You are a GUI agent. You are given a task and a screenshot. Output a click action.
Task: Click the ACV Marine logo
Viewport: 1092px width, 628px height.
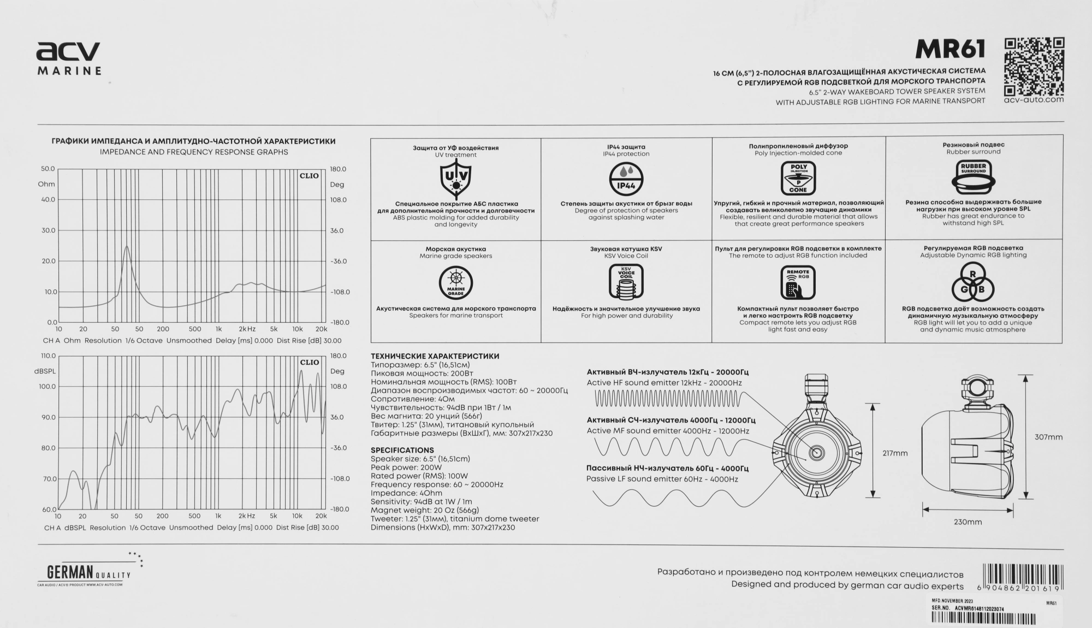[69, 58]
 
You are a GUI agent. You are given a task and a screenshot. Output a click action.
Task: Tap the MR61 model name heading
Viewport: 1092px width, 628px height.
[950, 50]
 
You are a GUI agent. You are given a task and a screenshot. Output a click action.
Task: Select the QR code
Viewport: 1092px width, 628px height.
[1034, 66]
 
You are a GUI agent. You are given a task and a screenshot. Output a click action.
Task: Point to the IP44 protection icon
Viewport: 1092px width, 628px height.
[626, 179]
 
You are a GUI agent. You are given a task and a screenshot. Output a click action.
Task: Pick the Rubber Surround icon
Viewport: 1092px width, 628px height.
[974, 176]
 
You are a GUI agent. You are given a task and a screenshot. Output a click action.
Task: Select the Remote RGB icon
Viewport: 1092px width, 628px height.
[798, 283]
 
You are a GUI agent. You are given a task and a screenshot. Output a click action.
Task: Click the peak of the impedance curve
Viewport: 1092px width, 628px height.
[127, 246]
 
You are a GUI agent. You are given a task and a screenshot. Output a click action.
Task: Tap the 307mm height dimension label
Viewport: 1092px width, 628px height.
[1048, 437]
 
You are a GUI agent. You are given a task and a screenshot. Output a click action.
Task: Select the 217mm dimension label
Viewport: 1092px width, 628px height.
[895, 453]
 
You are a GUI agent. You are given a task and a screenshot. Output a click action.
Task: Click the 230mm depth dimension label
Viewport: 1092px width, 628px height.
[968, 522]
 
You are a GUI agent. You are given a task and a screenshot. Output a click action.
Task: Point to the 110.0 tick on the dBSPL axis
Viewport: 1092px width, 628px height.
[48, 356]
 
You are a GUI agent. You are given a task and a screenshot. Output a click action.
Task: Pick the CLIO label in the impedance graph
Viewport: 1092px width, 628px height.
[309, 176]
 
